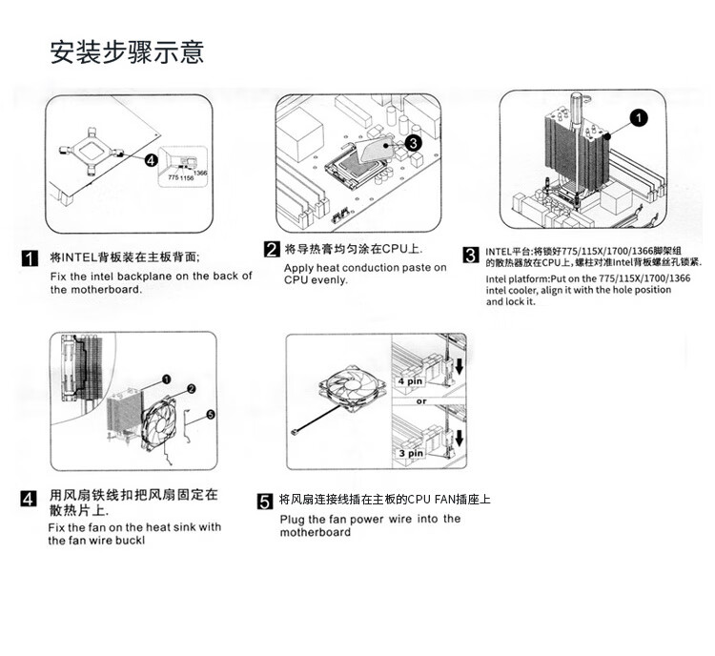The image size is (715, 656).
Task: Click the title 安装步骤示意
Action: [127, 51]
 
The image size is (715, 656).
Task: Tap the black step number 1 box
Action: [30, 258]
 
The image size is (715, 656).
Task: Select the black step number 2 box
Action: [272, 250]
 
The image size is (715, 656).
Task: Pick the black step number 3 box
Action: [470, 255]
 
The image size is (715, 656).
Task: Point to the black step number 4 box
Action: [30, 498]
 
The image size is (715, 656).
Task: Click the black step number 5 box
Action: [265, 502]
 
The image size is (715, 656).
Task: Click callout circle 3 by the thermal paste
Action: [412, 143]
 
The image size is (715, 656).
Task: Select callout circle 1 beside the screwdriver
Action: [638, 117]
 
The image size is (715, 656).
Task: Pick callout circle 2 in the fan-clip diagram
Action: [191, 388]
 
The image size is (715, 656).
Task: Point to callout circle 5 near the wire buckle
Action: [211, 415]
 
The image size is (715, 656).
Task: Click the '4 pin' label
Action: [410, 380]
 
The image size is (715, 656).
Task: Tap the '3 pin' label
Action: [410, 453]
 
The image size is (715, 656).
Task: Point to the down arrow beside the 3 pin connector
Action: [459, 439]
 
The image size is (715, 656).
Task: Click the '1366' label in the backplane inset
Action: [200, 172]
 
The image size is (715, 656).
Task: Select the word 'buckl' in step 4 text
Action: [126, 541]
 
